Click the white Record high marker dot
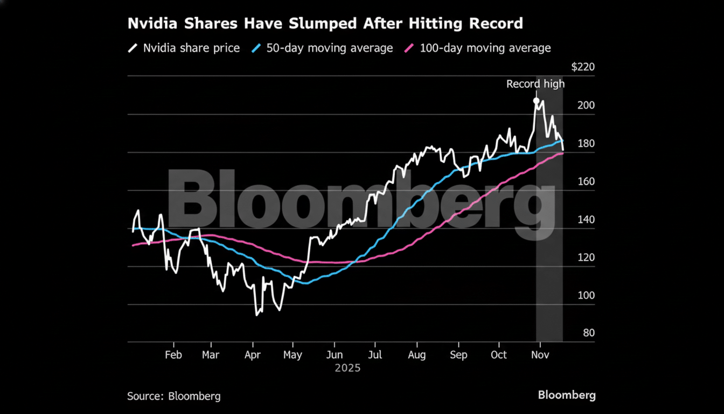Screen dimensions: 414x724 tap(536, 101)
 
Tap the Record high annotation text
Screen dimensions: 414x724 tap(535, 84)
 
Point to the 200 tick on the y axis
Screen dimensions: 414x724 tap(586, 105)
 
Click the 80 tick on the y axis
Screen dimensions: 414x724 tap(589, 333)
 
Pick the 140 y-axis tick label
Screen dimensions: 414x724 tap(586, 219)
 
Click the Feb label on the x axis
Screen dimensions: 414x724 tap(173, 355)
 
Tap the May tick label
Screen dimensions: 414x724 tap(293, 355)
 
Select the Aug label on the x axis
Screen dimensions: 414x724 tap(417, 355)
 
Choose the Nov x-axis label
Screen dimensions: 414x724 tap(539, 355)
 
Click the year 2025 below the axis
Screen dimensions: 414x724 tap(347, 369)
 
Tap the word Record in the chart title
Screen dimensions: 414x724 tap(493, 24)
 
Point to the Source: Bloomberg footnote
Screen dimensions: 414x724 tap(174, 396)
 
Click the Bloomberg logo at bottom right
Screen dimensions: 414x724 tap(567, 395)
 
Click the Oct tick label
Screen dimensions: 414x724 tap(499, 355)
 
